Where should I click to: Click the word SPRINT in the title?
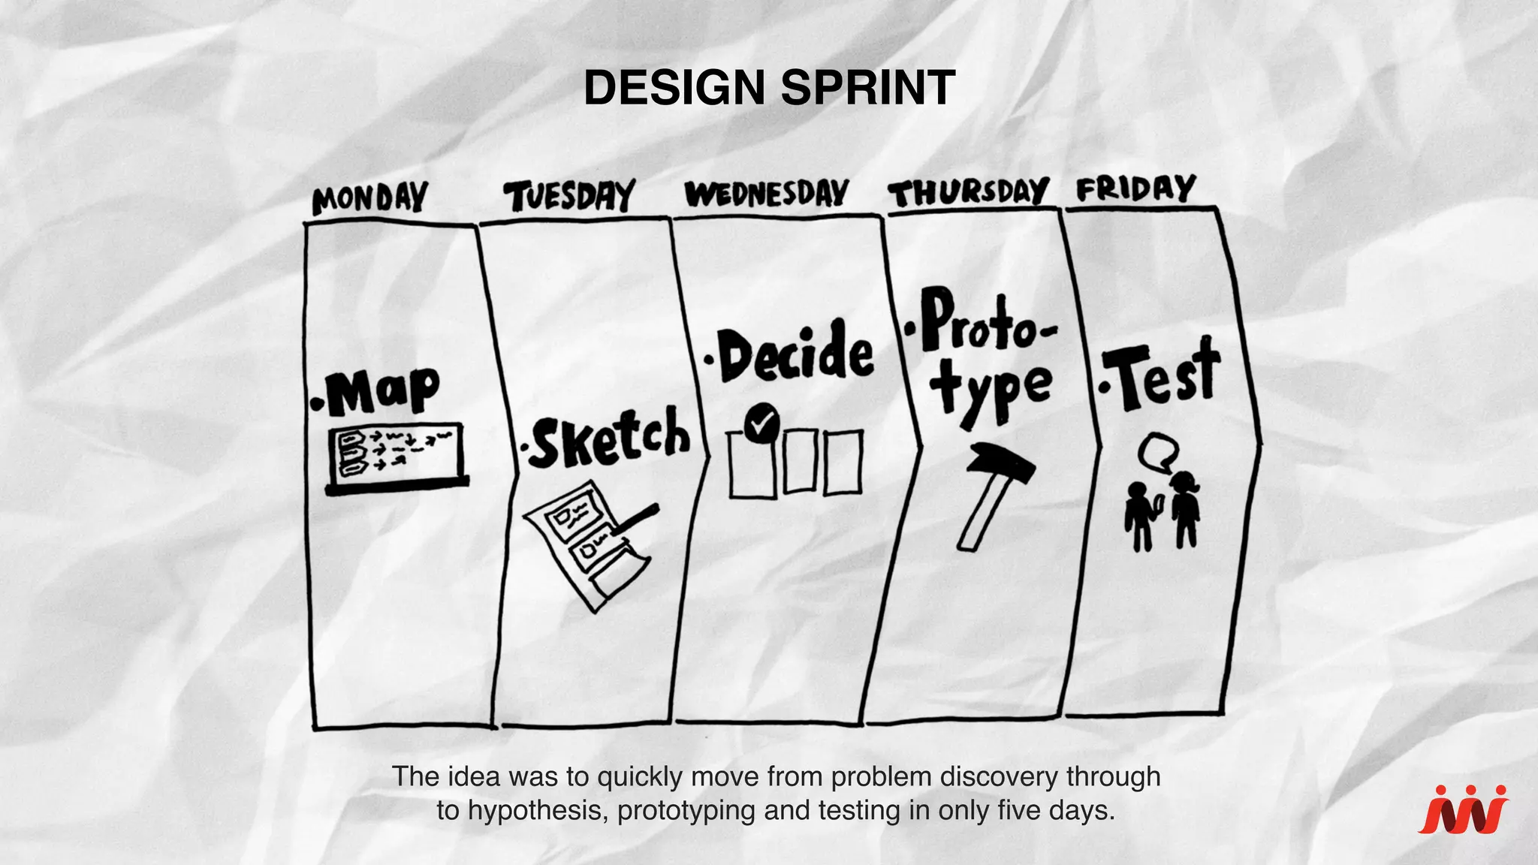click(x=867, y=88)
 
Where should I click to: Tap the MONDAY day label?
click(x=369, y=199)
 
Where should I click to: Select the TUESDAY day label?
click(x=569, y=197)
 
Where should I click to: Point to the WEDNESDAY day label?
click(x=767, y=194)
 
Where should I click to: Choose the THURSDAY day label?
click(x=968, y=193)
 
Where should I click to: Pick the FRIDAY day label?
click(x=1135, y=188)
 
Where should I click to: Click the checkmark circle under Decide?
click(x=763, y=423)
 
